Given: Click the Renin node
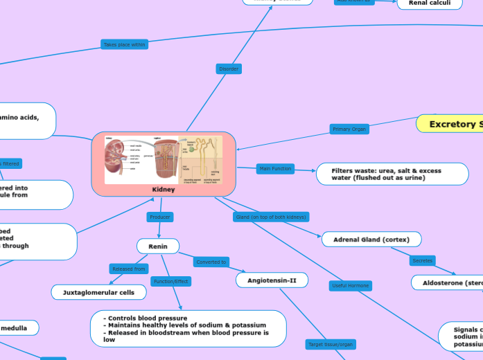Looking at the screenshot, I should tap(158, 246).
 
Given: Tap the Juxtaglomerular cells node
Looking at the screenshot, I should tap(99, 292).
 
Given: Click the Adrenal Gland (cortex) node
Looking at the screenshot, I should tap(371, 240).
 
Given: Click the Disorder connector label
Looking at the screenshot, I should tap(229, 69).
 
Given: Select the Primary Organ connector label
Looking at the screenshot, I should tap(349, 129).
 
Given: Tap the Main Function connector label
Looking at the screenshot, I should tap(275, 168).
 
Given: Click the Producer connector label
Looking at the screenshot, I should tap(160, 217).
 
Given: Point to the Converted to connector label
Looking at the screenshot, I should tap(211, 262).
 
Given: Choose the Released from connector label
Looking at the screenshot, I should tap(129, 269).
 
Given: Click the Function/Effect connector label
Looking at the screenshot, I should tap(170, 281).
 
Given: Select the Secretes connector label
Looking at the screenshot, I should tap(422, 260).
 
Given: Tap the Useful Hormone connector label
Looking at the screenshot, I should tap(350, 285).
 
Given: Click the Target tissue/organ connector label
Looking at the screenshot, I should tap(330, 344).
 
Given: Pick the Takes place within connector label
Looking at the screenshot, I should tap(125, 44).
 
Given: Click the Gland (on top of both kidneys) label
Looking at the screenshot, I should tap(270, 217).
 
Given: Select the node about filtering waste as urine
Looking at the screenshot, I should tap(392, 174).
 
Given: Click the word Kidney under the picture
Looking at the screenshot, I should tap(164, 189).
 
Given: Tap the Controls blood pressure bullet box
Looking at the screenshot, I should tap(188, 329).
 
